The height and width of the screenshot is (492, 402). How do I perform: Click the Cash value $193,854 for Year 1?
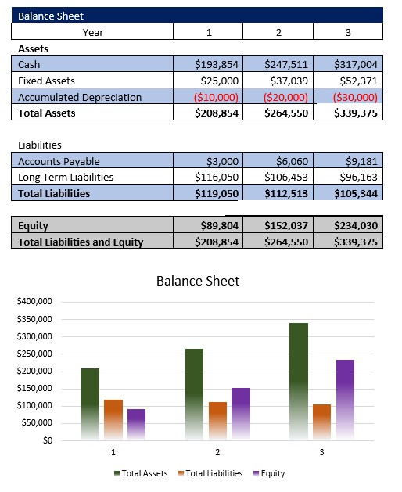click(217, 64)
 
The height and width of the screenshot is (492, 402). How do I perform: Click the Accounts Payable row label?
click(59, 161)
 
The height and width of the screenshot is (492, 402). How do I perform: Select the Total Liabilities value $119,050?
click(217, 193)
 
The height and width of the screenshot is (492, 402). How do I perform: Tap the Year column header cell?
click(92, 32)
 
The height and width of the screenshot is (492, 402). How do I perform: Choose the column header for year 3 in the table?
click(348, 32)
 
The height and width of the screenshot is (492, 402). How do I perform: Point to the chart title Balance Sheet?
click(198, 281)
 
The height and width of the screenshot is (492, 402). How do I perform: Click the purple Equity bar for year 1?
click(136, 424)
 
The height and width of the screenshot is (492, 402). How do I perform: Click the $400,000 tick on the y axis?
click(34, 302)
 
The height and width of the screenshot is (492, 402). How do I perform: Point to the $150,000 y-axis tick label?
click(34, 389)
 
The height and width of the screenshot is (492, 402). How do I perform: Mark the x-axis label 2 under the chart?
click(217, 453)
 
